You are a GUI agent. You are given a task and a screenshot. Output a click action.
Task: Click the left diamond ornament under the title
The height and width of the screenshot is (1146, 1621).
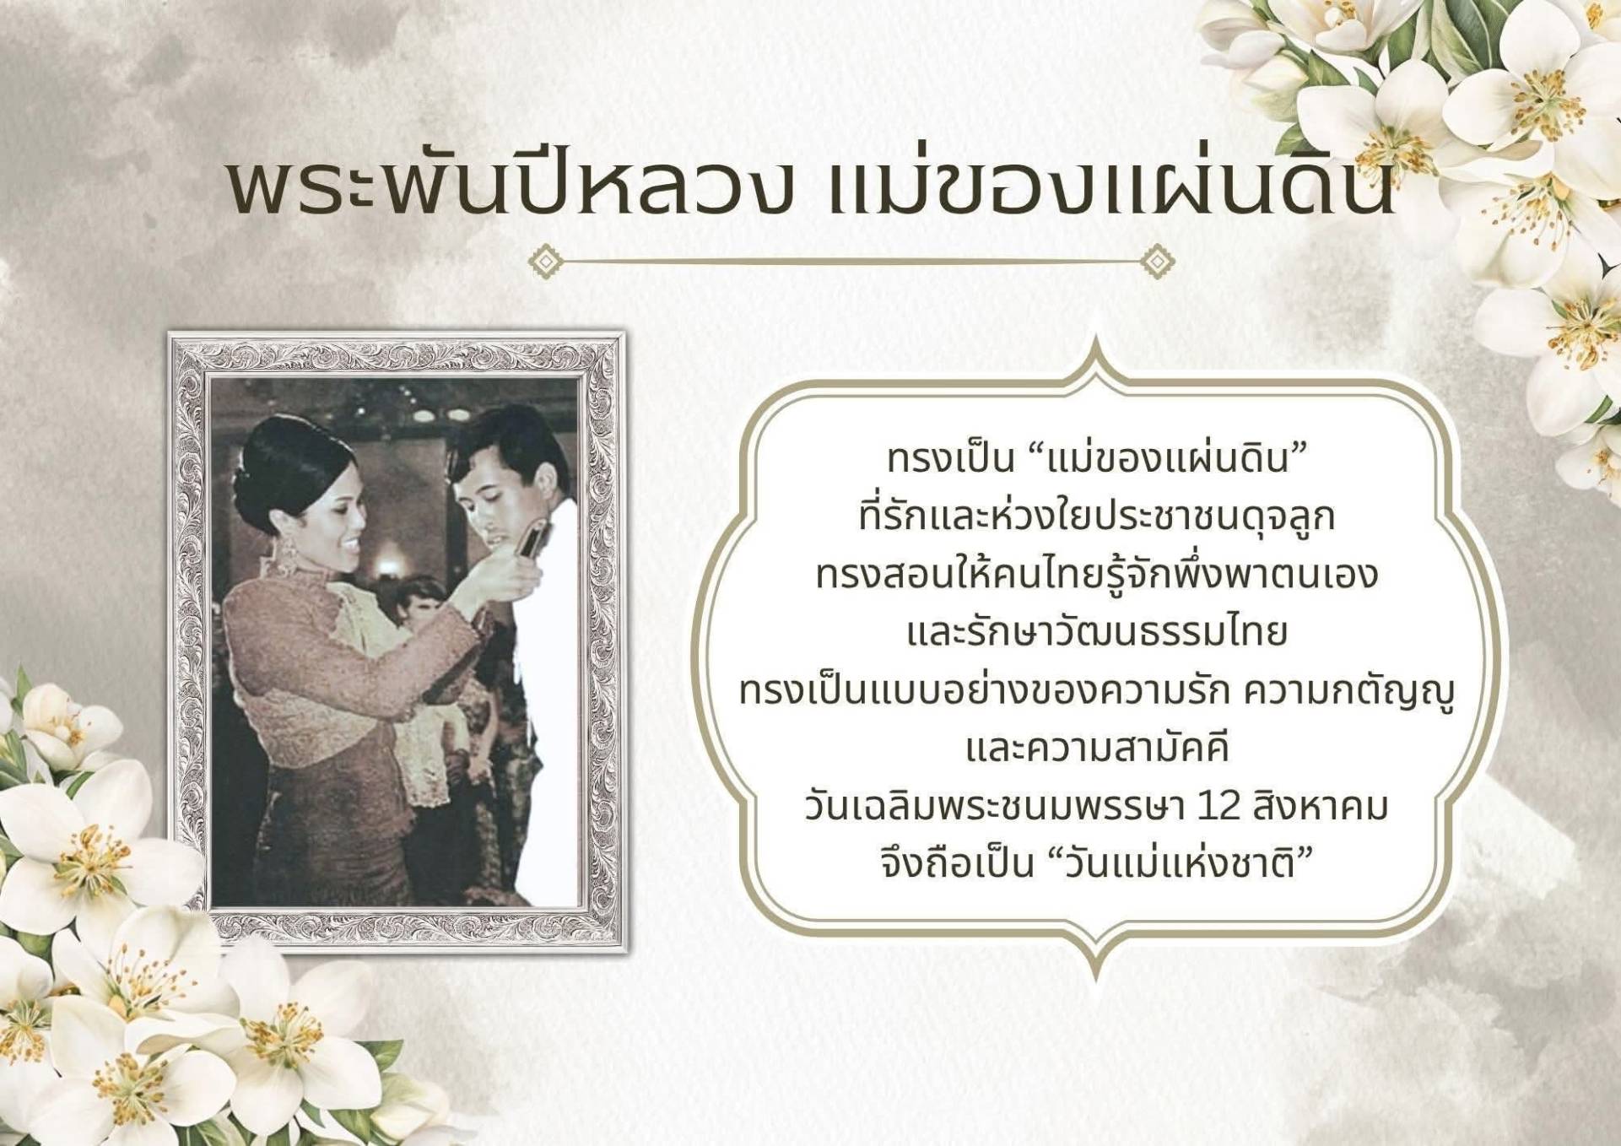tap(546, 262)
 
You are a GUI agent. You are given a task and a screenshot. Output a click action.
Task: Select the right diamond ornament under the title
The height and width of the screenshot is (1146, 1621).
tap(1157, 262)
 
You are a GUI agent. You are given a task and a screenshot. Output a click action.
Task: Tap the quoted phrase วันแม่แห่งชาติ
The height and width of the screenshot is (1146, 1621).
tap(1181, 863)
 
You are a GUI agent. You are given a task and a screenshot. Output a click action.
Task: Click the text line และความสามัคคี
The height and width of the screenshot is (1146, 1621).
tap(1097, 749)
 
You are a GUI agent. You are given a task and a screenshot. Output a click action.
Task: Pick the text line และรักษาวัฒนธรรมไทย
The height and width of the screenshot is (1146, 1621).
tap(1097, 632)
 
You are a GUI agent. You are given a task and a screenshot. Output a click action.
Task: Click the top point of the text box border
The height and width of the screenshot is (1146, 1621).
tap(1096, 337)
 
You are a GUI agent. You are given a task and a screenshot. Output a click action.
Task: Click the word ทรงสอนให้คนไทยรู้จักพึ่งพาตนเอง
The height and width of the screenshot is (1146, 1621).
tap(1097, 574)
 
